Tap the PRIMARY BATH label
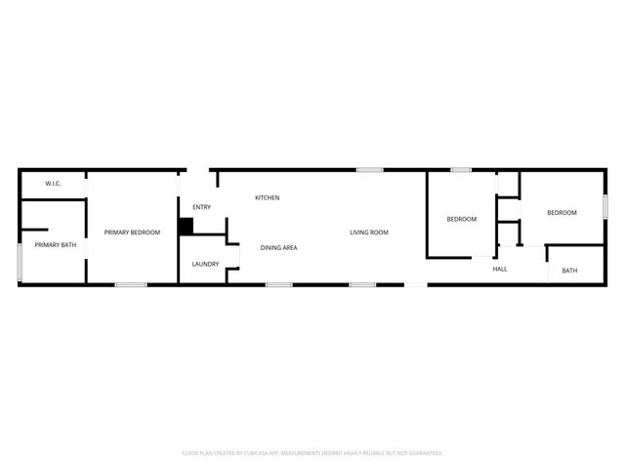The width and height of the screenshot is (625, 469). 55,244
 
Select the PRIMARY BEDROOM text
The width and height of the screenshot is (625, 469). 132,232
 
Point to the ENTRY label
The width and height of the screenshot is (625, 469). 201,206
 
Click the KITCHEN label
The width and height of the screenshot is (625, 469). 267,197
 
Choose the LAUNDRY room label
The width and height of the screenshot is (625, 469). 205,264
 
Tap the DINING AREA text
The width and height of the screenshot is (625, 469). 278,247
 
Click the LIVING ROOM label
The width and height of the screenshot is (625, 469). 369,232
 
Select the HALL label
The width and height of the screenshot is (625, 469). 499,269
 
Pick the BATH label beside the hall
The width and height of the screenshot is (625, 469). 568,271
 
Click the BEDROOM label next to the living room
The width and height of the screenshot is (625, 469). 461,219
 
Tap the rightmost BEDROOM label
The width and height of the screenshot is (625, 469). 561,213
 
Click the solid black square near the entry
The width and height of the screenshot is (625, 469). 186,225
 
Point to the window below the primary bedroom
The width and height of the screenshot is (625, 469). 130,284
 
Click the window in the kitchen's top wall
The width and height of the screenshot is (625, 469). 369,170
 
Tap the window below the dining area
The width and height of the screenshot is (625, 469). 279,284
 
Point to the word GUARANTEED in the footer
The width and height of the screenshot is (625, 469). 422,453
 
